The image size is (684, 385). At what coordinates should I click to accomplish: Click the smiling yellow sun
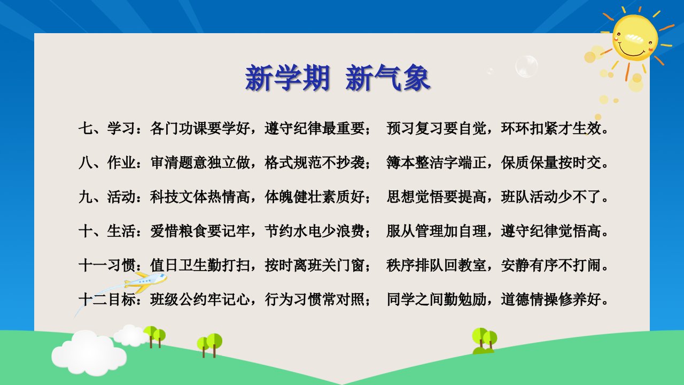tap(635, 37)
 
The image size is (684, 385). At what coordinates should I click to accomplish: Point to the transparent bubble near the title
tap(526, 66)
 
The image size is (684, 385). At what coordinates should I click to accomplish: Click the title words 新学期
tap(287, 78)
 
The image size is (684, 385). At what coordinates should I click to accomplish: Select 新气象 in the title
tap(388, 78)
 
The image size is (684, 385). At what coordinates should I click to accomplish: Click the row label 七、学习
tap(107, 128)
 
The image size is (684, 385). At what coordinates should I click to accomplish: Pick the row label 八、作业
tap(107, 162)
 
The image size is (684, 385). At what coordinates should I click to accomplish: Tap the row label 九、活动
tap(107, 196)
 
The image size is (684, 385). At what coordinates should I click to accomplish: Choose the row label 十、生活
tap(107, 230)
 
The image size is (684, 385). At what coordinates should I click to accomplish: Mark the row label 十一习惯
tap(107, 265)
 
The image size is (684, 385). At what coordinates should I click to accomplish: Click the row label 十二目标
tap(107, 299)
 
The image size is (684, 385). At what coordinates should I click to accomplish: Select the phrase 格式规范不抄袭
tap(315, 162)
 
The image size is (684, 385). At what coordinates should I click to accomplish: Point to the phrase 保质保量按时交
tap(551, 162)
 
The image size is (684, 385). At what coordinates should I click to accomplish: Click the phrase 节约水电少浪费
tap(315, 230)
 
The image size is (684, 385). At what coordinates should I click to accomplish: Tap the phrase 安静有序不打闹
tap(551, 265)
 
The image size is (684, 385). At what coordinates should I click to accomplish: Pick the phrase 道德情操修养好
tap(551, 299)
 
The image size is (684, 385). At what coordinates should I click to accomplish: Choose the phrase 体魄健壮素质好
tap(315, 196)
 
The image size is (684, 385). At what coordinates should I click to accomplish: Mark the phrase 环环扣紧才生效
tap(551, 128)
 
